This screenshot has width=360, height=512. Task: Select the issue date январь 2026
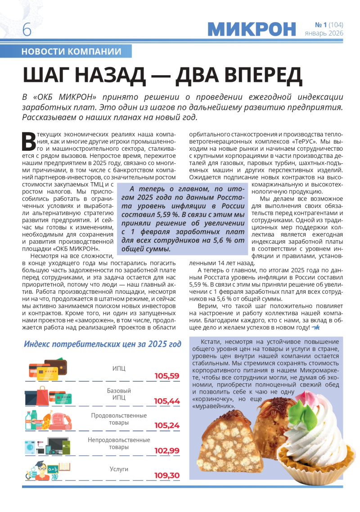[x=324, y=33]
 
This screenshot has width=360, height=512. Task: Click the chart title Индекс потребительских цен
[x=103, y=344]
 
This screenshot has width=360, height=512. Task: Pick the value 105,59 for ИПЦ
[x=166, y=376]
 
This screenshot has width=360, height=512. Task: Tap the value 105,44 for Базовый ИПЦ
[x=166, y=400]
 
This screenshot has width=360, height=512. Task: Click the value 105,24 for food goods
[x=166, y=425]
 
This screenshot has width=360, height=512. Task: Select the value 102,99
[x=166, y=450]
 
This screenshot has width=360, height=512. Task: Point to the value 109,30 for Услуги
[x=166, y=475]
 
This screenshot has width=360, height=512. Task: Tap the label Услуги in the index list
[x=119, y=469]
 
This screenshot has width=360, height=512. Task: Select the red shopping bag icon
[x=43, y=397]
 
